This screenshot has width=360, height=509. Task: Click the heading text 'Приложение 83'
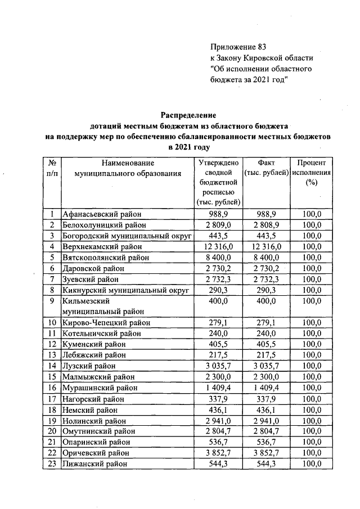tap(237, 47)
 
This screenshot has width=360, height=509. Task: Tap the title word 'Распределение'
tap(189, 115)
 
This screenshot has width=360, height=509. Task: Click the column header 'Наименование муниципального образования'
tap(127, 168)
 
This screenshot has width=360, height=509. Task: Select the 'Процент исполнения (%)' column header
tap(311, 173)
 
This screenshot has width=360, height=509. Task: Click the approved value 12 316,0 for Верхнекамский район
tap(219, 246)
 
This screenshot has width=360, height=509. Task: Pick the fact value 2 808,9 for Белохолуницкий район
tap(266, 225)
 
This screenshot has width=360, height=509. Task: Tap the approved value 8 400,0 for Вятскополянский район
tap(219, 257)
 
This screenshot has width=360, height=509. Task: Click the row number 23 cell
tap(52, 464)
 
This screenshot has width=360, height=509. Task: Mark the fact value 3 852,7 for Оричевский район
tap(266, 453)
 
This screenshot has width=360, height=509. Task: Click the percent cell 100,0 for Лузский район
tap(311, 366)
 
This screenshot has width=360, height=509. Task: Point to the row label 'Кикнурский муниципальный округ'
tap(125, 290)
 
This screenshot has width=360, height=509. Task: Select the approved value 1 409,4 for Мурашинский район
tap(219, 388)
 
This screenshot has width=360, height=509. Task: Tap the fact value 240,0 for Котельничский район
tap(266, 333)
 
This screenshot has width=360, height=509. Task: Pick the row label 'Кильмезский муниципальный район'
tap(103, 306)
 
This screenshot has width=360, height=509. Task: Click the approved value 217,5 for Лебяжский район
tap(219, 355)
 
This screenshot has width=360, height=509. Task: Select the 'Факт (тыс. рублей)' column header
tap(266, 168)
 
